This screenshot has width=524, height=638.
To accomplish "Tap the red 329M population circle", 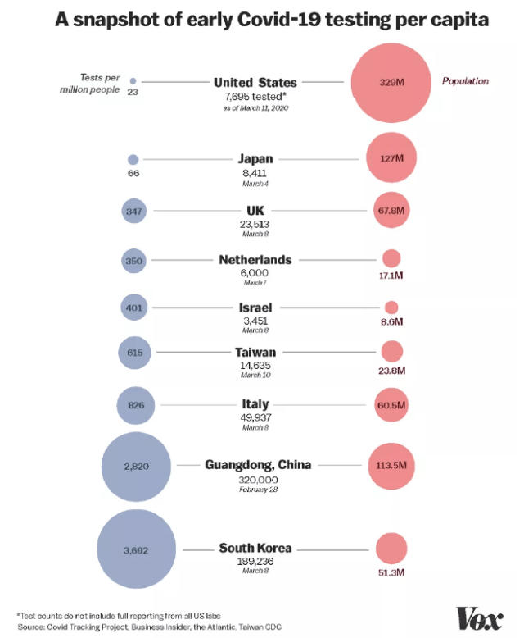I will tap(391, 82).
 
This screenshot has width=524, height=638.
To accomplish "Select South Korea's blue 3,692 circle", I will tap(137, 549).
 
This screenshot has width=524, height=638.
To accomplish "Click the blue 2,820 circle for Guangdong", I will tap(136, 466).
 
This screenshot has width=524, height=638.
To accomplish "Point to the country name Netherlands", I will tap(255, 260).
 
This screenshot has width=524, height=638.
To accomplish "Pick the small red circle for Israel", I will tap(391, 308).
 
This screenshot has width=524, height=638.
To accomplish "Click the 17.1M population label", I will tap(391, 276).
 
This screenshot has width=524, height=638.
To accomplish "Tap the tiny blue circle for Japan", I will tap(133, 160).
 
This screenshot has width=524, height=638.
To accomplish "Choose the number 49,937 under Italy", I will tap(255, 417).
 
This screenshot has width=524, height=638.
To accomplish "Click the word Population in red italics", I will tap(465, 81).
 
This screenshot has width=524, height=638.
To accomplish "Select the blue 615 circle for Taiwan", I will tap(135, 353).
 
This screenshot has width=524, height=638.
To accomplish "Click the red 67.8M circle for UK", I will tap(391, 211).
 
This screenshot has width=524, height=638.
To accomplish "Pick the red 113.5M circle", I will tap(391, 465).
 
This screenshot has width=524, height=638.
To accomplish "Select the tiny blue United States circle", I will tap(133, 82).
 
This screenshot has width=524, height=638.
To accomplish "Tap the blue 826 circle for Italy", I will tap(135, 404).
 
